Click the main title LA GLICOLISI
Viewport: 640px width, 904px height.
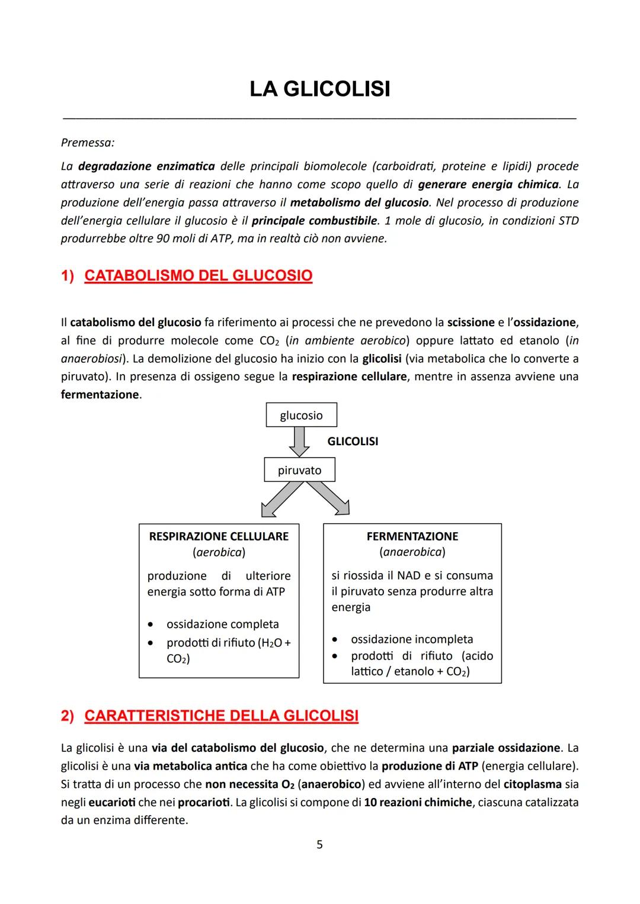click(319, 89)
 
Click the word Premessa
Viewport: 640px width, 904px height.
click(87, 143)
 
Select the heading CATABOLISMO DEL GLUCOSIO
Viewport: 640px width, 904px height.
click(198, 276)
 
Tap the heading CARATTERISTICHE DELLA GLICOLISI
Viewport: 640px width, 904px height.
click(221, 716)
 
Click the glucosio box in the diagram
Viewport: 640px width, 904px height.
click(301, 415)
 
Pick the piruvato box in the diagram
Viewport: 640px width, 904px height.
click(299, 471)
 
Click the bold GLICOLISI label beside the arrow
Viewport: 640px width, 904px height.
click(353, 441)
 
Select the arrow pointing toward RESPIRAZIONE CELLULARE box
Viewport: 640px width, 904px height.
click(281, 498)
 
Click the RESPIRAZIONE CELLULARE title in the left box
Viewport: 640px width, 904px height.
click(219, 536)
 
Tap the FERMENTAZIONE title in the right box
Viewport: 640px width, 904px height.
click(412, 536)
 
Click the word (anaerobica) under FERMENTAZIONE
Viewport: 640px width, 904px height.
click(412, 552)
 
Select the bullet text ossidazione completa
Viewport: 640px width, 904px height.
click(222, 624)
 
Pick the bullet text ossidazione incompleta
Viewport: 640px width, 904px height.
click(412, 639)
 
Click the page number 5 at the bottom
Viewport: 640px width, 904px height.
click(319, 845)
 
